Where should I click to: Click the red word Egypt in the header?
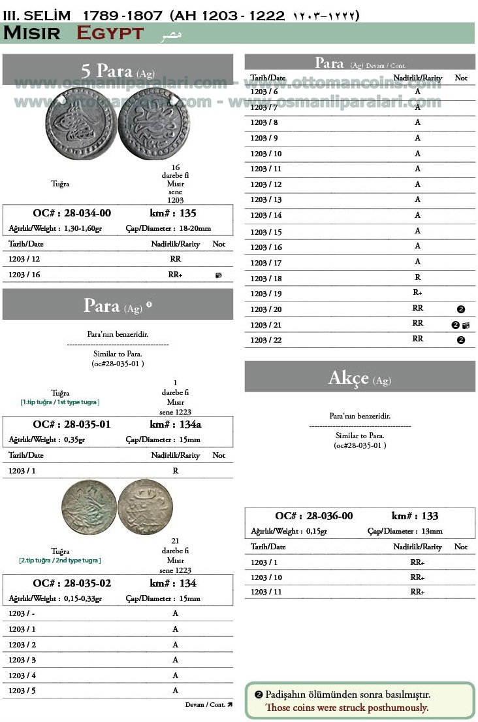(110, 33)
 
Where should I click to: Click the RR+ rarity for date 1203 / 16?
(175, 275)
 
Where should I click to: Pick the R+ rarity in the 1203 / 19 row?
(417, 293)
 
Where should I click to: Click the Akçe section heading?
(359, 378)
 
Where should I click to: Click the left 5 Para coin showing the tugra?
(82, 124)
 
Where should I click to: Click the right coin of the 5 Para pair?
(153, 124)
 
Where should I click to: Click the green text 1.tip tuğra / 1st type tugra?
(60, 402)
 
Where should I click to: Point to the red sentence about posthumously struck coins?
(346, 708)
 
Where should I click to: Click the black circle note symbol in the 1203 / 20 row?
(460, 309)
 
